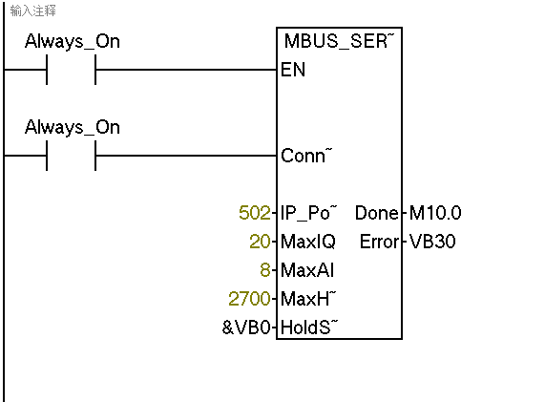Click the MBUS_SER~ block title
point(339,41)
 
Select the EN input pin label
point(293,70)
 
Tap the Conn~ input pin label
point(306,156)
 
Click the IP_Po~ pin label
point(308,213)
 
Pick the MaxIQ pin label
point(308,242)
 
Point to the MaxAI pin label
point(307,270)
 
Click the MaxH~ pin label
point(308,298)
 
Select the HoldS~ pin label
point(309,328)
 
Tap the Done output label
point(377,213)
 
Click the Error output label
point(379,242)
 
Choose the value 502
point(255,213)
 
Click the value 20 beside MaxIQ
point(260,242)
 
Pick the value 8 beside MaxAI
point(265,270)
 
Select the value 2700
point(249,299)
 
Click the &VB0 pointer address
point(246,328)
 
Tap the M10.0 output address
point(435,213)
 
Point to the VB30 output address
point(432,242)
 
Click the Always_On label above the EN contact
point(73,42)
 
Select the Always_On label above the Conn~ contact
point(73,128)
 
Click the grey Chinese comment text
point(32,11)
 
